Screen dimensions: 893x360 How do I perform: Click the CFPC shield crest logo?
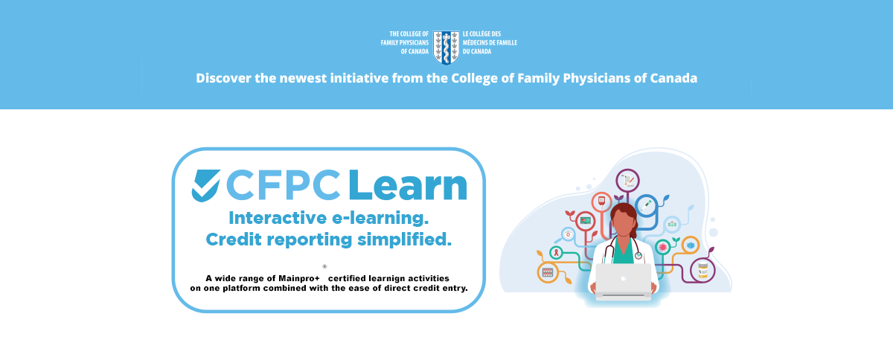pos(446,48)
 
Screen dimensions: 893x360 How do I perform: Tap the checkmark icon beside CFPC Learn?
pos(205,185)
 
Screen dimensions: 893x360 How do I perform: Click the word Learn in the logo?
pos(408,185)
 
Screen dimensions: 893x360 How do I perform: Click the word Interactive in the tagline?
pos(278,218)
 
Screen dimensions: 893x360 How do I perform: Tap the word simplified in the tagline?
pos(404,240)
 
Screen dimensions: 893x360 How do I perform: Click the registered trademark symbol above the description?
pos(324,266)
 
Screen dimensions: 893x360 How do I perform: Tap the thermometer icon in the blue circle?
pos(646,206)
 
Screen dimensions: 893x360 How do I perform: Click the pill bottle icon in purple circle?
pos(702,270)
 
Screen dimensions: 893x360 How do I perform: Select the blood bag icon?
pos(601,202)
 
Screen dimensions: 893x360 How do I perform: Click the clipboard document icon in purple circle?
pos(628,180)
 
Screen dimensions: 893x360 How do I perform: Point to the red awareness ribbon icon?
pos(556,252)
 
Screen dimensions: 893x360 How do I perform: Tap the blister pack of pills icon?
pos(548,272)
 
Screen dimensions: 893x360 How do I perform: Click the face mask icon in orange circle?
pos(691,245)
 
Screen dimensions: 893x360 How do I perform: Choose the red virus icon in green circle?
pos(662,248)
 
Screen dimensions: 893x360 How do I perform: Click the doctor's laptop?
pos(624,281)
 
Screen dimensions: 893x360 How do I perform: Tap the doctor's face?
pos(623,224)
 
